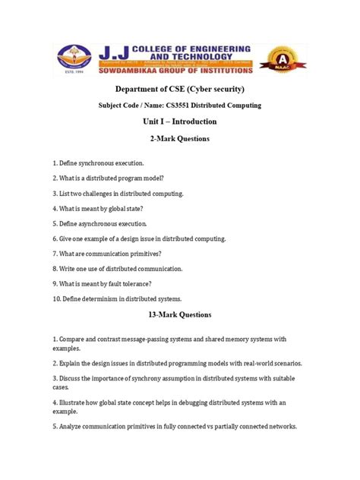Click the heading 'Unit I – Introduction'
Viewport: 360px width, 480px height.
179,122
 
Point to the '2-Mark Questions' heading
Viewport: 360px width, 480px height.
179,139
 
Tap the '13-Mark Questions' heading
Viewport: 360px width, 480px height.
179,314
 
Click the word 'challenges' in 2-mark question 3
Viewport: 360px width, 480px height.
104,194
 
